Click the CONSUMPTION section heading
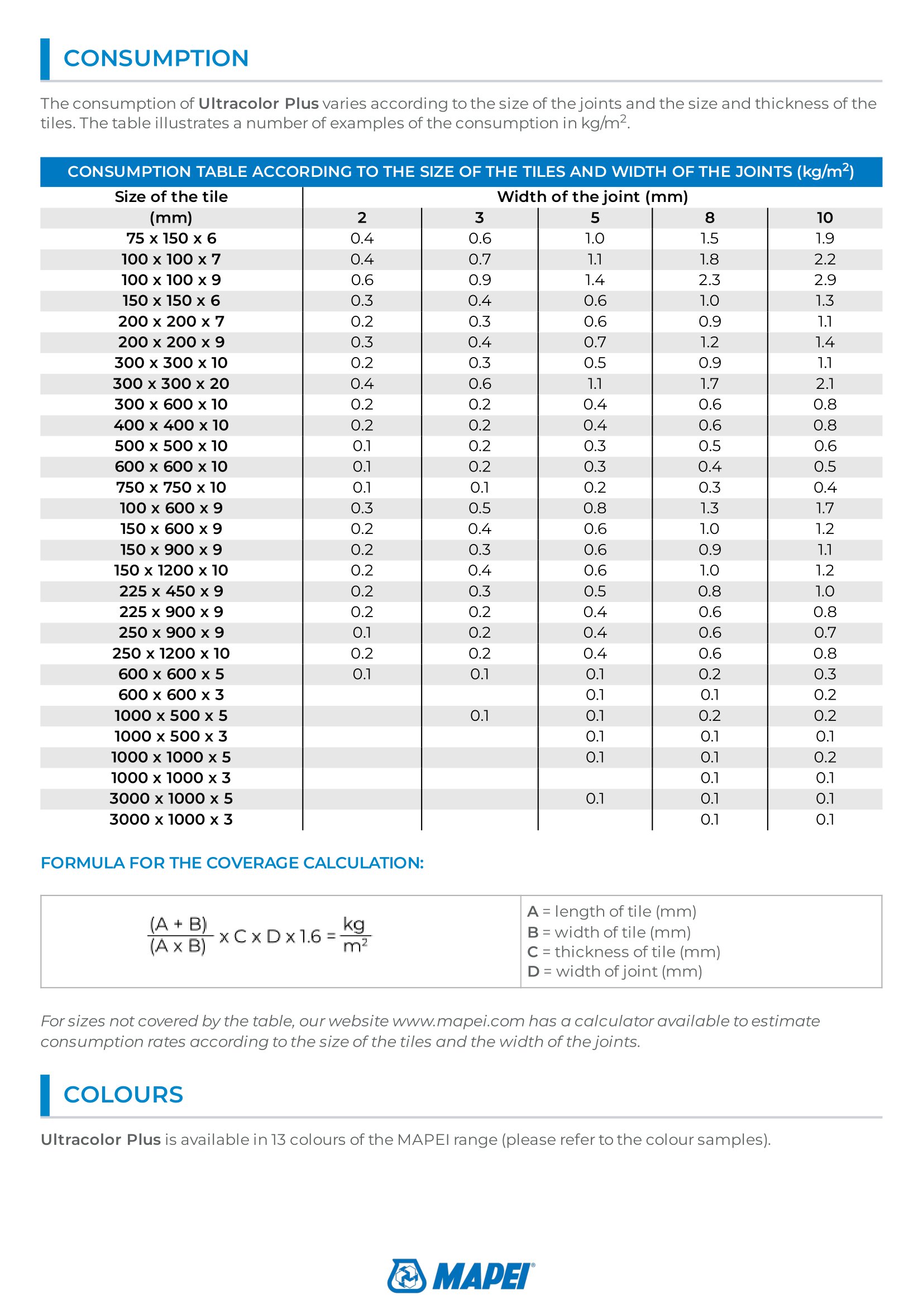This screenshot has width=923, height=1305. [156, 59]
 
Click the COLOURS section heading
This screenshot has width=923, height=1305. [123, 1095]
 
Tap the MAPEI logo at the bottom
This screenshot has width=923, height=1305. [461, 1275]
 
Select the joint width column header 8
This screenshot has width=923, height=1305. [709, 218]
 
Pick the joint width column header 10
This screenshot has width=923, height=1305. [825, 218]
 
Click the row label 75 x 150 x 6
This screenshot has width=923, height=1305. [171, 239]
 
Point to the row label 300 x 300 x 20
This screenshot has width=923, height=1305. [171, 384]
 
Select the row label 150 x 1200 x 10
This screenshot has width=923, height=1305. [171, 570]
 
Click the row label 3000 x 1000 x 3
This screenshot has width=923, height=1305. [171, 819]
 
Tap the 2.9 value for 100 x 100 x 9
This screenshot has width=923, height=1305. [825, 280]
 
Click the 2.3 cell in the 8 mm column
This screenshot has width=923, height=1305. [709, 280]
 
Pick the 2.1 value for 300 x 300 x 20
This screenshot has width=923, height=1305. [825, 384]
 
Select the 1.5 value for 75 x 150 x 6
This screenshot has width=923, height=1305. [709, 239]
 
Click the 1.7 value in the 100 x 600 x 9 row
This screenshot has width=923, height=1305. [825, 508]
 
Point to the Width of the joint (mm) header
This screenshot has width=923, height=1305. [592, 196]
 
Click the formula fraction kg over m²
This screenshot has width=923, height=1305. [356, 935]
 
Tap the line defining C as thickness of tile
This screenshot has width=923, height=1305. [624, 951]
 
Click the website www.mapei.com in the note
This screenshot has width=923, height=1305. [458, 1021]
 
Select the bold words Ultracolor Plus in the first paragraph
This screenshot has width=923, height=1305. [258, 103]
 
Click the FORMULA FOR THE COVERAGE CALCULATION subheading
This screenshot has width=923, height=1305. [232, 863]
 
